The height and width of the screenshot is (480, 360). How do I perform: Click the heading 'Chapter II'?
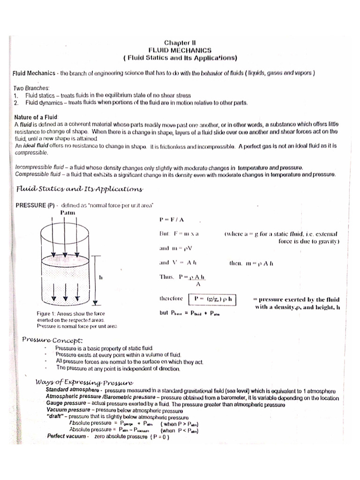(x=180, y=42)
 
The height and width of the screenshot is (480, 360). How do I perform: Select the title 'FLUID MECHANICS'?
(x=180, y=50)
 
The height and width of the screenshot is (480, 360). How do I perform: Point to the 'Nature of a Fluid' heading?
(x=36, y=116)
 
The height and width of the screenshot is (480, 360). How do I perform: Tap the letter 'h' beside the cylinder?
(x=100, y=277)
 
